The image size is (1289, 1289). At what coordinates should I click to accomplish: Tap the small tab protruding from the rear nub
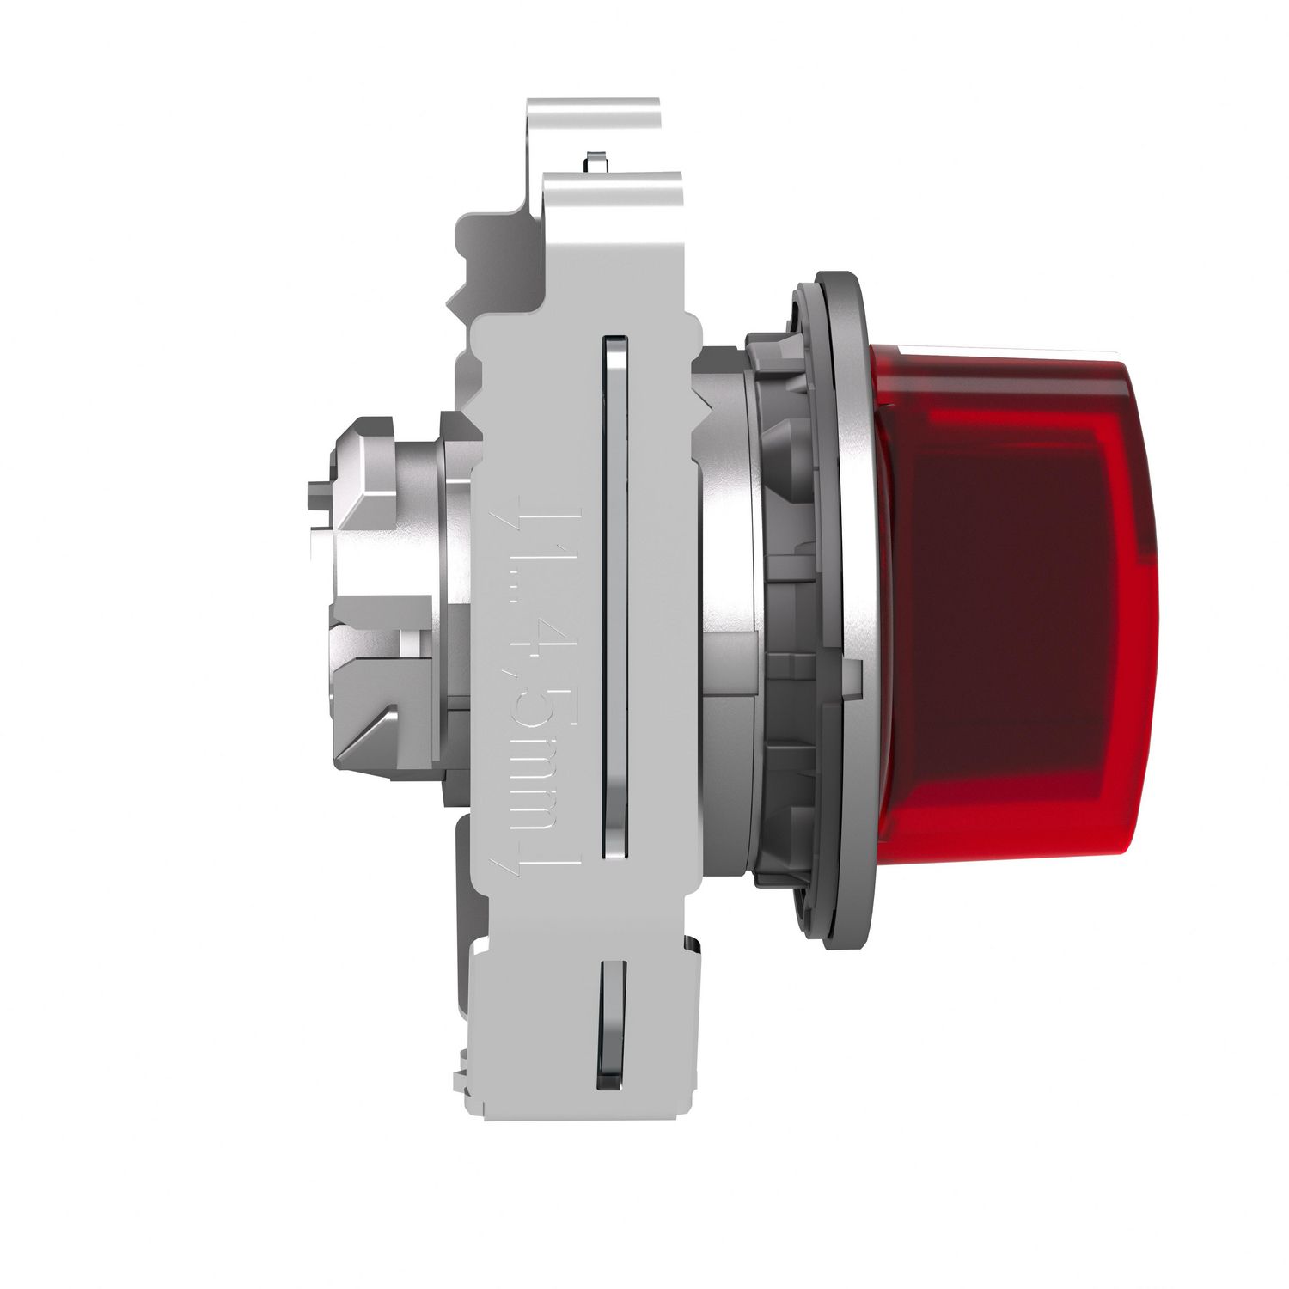pos(316,498)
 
